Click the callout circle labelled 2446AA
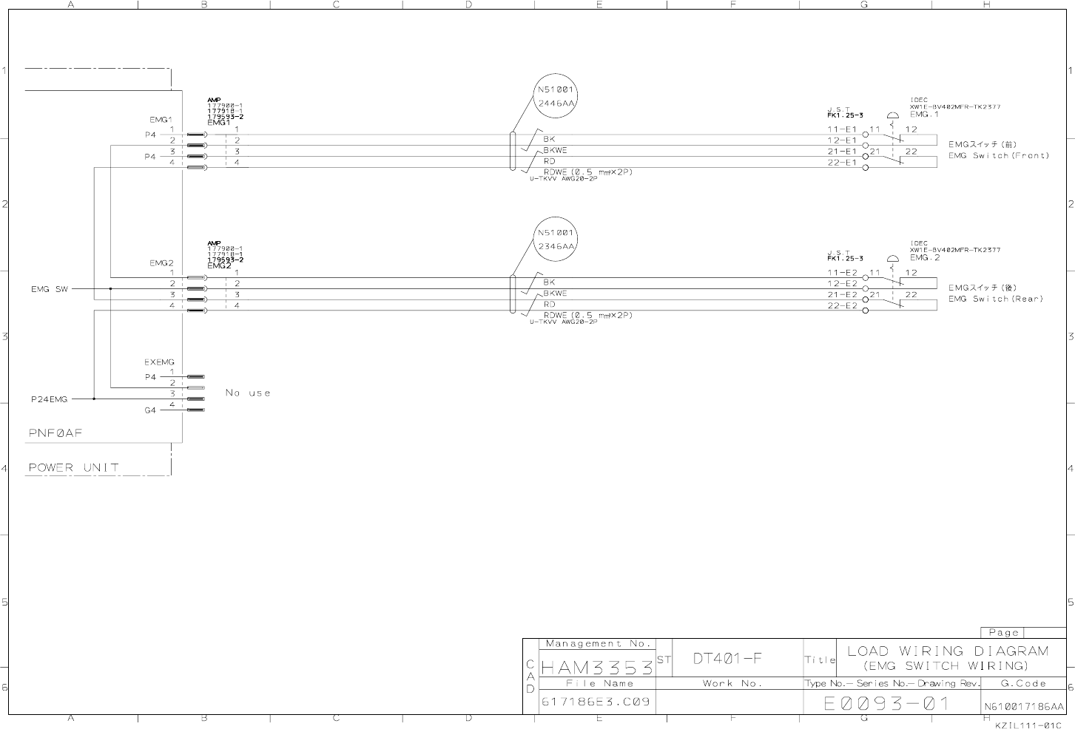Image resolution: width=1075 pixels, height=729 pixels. (x=556, y=96)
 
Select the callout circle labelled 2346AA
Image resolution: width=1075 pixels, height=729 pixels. (x=556, y=239)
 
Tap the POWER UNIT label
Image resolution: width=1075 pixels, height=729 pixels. (x=73, y=467)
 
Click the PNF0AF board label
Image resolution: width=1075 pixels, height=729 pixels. (x=55, y=433)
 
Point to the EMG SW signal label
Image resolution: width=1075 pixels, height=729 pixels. (x=49, y=289)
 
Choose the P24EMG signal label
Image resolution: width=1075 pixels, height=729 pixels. (x=49, y=399)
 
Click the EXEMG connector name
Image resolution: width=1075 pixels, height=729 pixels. (x=159, y=362)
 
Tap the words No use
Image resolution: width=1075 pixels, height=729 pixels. (x=248, y=393)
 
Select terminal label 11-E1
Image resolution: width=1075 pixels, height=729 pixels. (x=841, y=129)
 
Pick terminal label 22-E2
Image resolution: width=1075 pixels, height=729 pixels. (x=841, y=305)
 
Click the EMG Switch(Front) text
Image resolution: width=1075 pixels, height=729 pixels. (x=998, y=156)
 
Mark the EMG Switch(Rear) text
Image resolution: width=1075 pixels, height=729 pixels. (x=995, y=299)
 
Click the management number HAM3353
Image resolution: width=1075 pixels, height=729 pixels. (x=597, y=668)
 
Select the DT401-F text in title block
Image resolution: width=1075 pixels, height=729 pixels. (x=727, y=658)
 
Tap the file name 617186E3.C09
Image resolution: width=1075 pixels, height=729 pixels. (x=596, y=701)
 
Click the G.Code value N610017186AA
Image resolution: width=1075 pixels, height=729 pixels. (x=1023, y=707)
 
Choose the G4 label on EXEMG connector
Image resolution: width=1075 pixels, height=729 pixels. (x=150, y=410)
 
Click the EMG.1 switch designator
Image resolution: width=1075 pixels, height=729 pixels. (x=924, y=115)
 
